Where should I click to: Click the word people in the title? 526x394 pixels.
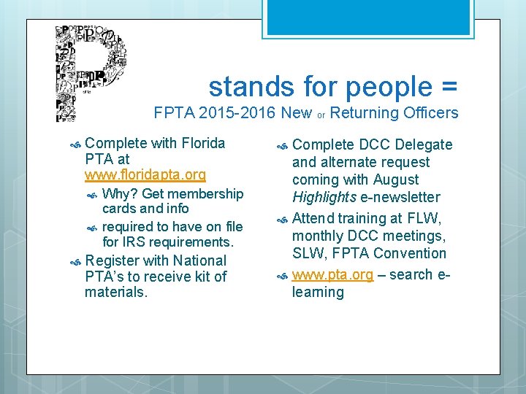click(390, 87)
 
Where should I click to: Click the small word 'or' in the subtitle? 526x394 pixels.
click(321, 115)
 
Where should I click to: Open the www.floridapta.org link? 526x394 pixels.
click(145, 175)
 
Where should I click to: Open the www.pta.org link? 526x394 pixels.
click(332, 275)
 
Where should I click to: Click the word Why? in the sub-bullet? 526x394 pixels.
click(121, 193)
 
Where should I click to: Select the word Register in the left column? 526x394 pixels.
click(113, 260)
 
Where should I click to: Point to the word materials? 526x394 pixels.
click(116, 293)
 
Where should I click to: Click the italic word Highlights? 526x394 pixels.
click(324, 197)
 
